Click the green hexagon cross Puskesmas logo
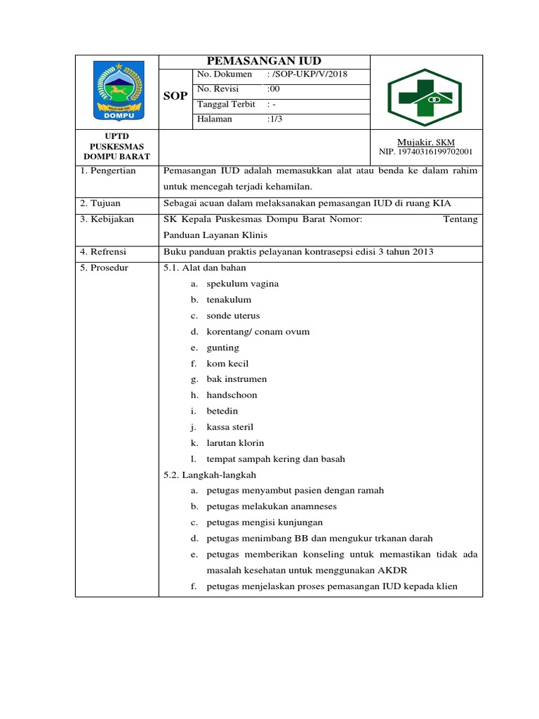tap(426, 92)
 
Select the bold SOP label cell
tap(175, 96)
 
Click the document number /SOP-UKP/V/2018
tap(307, 74)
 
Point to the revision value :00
tap(274, 89)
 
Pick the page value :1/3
tap(276, 119)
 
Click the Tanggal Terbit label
tap(225, 104)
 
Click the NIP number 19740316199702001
tap(426, 152)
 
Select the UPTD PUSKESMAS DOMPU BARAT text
tap(117, 146)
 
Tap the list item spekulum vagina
tap(242, 284)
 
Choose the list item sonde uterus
tap(233, 316)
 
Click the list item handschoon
tap(232, 395)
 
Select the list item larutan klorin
tap(234, 443)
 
